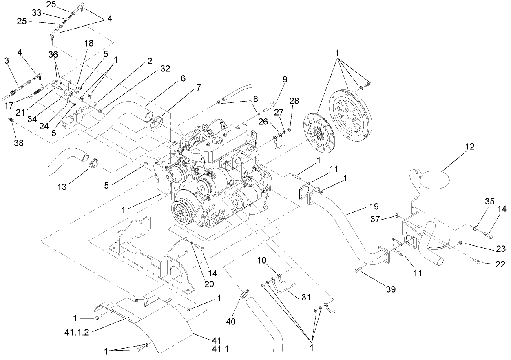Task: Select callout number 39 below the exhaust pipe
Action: click(391, 289)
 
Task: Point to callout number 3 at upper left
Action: click(7, 60)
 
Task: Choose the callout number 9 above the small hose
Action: click(285, 79)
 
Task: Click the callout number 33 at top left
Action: click(36, 13)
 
